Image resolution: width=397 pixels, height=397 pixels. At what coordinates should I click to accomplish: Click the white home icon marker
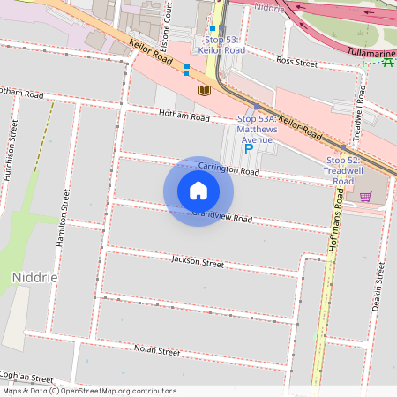198,190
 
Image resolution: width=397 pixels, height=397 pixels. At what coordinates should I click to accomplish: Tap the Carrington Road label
228,169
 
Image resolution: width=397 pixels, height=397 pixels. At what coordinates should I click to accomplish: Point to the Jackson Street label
198,262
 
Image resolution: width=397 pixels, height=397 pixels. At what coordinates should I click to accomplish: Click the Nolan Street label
157,350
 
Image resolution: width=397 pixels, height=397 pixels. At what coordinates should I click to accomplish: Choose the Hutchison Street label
11,150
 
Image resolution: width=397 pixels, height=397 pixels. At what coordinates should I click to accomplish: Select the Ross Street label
296,63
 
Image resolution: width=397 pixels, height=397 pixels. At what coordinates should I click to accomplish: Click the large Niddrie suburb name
35,277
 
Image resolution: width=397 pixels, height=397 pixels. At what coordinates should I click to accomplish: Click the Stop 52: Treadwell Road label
343,170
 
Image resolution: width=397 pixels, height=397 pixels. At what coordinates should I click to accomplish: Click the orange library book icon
205,91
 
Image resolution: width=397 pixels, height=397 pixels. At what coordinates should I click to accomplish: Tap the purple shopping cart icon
365,197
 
